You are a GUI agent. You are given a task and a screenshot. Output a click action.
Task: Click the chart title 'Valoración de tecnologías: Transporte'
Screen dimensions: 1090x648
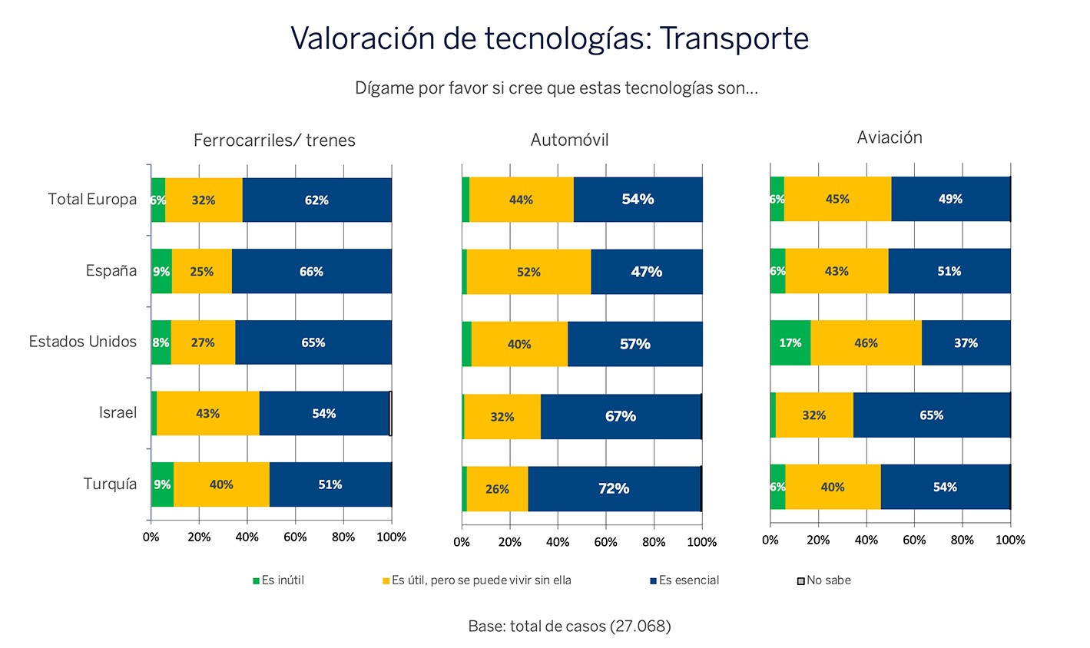(x=549, y=39)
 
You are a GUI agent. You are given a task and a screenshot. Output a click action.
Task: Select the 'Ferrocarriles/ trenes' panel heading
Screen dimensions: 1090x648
(x=274, y=140)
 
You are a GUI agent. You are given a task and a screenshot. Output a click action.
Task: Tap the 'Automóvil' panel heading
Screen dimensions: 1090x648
(x=569, y=140)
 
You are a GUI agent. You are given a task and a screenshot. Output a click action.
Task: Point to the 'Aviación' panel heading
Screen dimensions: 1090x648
(x=890, y=137)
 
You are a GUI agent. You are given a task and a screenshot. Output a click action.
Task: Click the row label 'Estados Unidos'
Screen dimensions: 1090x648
(x=83, y=342)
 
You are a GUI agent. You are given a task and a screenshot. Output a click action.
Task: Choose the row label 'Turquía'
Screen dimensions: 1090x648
(x=110, y=484)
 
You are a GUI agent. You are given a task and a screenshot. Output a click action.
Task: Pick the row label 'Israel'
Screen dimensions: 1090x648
(x=118, y=412)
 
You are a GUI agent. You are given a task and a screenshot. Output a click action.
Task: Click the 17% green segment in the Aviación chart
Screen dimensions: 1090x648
(x=790, y=343)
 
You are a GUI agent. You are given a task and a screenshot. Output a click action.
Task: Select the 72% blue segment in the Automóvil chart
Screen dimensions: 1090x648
(x=614, y=488)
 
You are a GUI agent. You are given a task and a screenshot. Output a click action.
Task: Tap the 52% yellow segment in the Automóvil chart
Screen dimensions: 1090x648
(x=529, y=272)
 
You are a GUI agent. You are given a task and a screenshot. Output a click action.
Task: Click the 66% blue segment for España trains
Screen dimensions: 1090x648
(x=311, y=272)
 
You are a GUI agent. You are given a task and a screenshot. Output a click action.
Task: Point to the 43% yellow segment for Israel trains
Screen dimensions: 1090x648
(x=207, y=414)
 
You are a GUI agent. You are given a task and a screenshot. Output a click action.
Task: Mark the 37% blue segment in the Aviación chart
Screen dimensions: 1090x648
(x=966, y=343)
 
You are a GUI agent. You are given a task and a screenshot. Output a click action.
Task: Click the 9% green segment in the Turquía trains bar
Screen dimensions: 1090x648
(x=162, y=484)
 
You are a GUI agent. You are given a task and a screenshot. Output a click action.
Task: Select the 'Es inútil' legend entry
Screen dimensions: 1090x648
(x=278, y=580)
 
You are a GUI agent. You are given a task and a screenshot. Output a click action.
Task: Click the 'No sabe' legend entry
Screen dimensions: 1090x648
(x=823, y=580)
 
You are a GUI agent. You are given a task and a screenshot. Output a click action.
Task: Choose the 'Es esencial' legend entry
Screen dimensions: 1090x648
(x=684, y=580)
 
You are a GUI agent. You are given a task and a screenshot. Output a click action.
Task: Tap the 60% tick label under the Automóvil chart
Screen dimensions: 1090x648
(x=606, y=542)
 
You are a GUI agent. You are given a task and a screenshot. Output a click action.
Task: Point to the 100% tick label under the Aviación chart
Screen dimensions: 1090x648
(x=1010, y=540)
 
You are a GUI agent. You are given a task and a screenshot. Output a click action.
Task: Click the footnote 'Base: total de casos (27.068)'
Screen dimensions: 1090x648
(x=569, y=626)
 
